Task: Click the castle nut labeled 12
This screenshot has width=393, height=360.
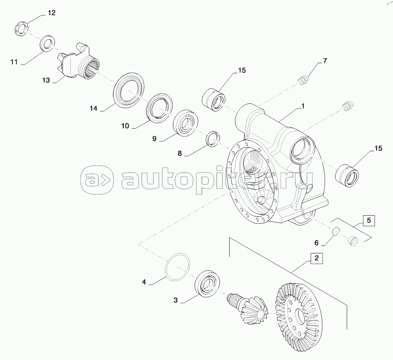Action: [21, 30]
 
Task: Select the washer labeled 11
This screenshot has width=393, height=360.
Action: [47, 44]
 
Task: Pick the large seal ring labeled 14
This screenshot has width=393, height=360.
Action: [129, 90]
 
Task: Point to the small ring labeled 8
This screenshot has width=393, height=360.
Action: [213, 138]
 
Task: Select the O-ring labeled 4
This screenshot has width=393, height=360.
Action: [177, 267]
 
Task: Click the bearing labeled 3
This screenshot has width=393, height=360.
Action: [207, 284]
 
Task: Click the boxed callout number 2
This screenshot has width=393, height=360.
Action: [317, 258]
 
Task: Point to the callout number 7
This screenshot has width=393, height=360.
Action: [325, 61]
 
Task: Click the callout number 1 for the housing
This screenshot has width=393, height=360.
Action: [303, 106]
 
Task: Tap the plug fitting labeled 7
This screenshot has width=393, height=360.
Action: [304, 80]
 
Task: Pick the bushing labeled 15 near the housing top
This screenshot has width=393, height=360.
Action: [213, 99]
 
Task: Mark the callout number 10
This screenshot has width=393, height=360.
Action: [125, 126]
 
